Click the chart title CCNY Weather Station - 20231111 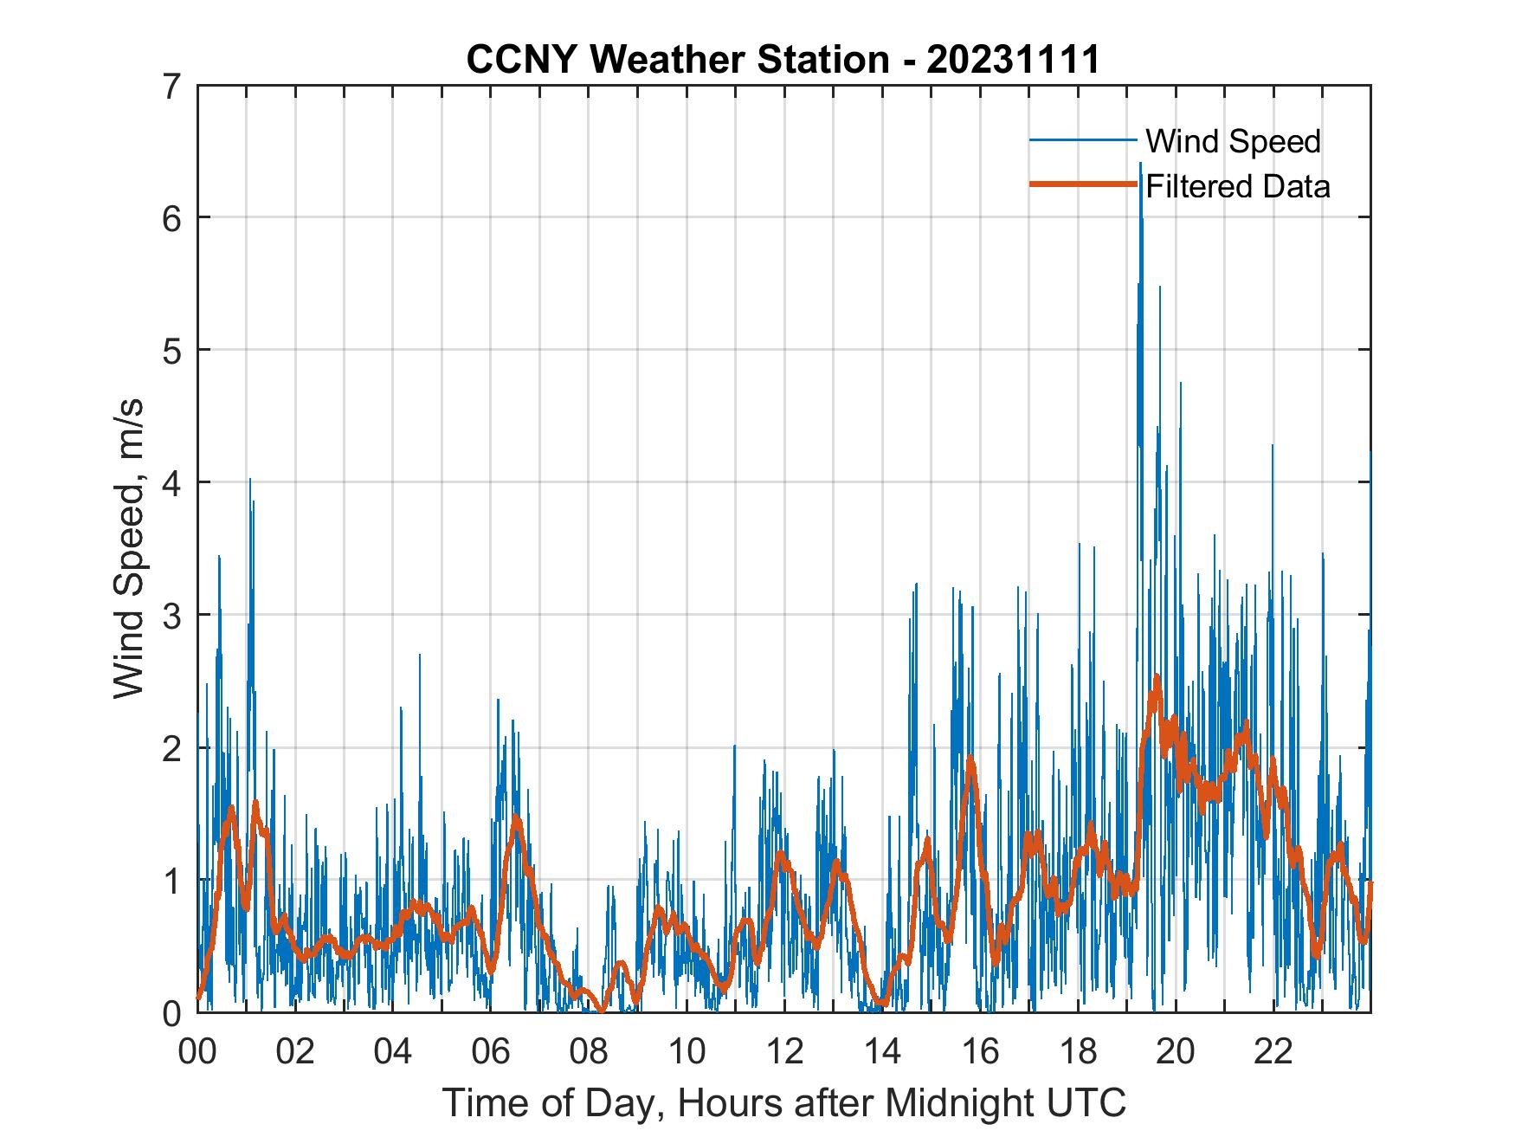click(x=783, y=60)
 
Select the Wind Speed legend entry click(x=1233, y=141)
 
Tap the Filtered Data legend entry click(x=1237, y=186)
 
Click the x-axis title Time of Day click(x=783, y=1103)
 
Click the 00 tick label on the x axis click(x=197, y=1051)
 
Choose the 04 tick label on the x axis click(x=393, y=1051)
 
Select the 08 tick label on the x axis click(x=589, y=1051)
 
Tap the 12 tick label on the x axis click(x=784, y=1051)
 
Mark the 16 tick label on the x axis click(x=980, y=1051)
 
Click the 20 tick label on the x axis click(x=1176, y=1051)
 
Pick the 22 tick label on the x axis click(x=1273, y=1051)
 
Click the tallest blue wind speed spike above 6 click(x=1140, y=165)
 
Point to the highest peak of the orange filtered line click(x=1156, y=677)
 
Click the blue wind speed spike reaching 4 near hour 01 click(x=250, y=480)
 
